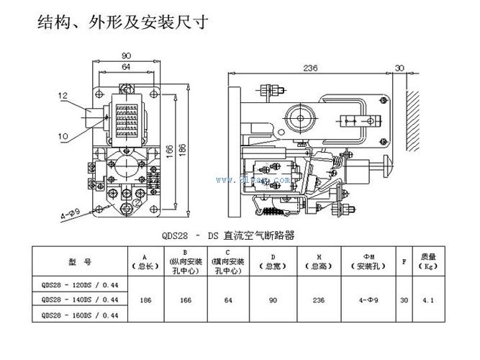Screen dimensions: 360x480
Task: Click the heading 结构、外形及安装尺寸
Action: pos(123,22)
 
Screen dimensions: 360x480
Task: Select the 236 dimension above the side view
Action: pos(310,68)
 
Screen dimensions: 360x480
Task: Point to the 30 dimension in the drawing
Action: pos(399,68)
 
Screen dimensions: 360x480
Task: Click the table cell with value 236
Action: pos(319,298)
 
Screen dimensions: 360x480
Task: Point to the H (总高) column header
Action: pos(319,259)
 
